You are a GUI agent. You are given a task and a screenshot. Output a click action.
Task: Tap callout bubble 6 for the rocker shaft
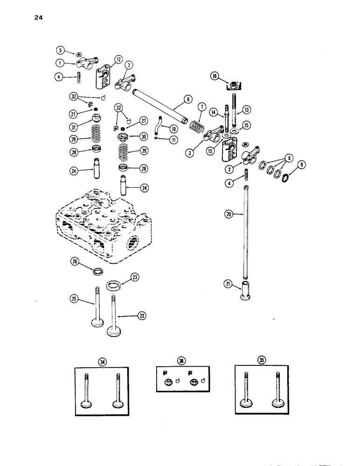(x=187, y=99)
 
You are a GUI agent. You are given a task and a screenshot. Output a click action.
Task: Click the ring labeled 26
(x=98, y=271)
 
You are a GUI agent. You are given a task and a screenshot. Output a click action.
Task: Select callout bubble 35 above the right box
(x=260, y=360)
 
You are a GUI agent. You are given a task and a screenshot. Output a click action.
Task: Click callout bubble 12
(x=118, y=59)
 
